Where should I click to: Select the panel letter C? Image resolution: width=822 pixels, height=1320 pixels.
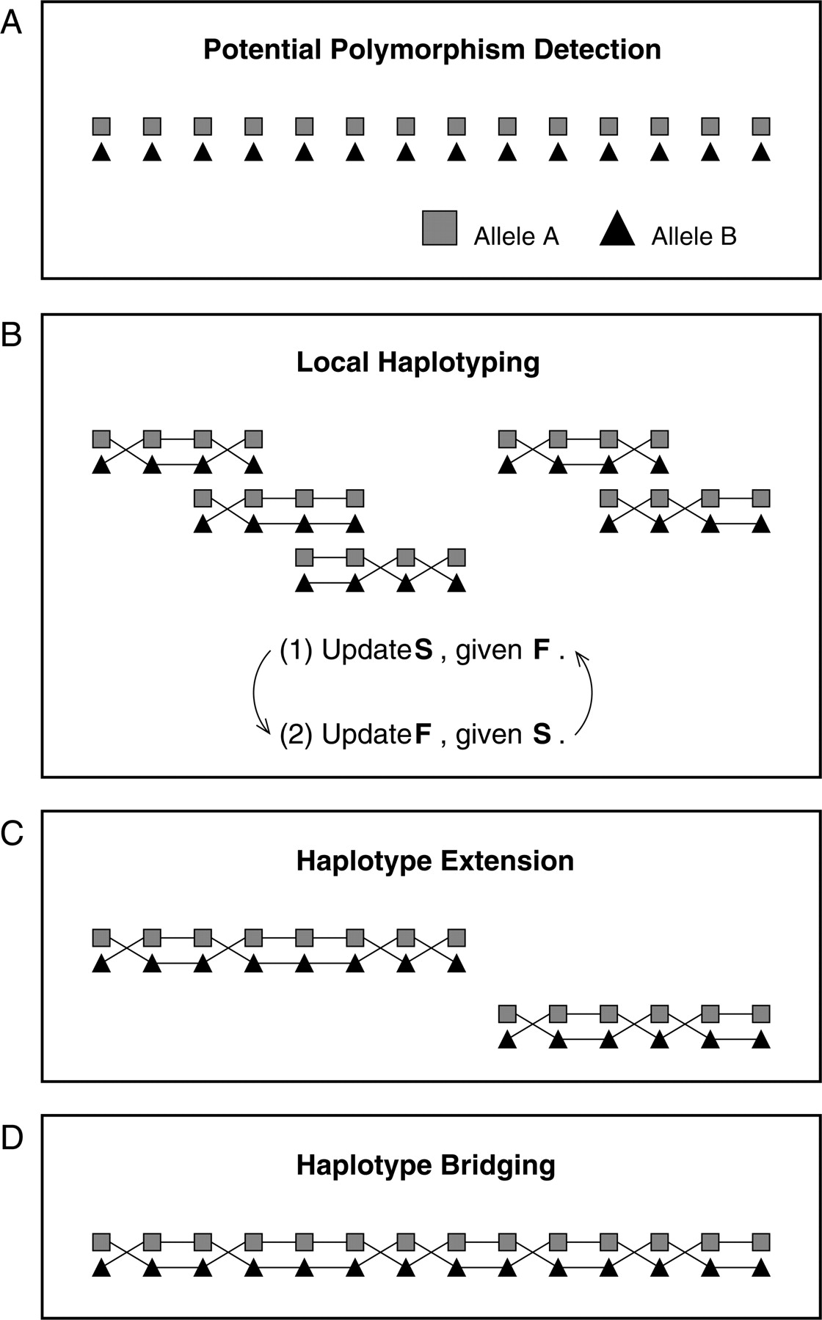[x=12, y=833]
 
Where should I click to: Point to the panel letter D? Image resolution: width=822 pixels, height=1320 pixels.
[x=12, y=1137]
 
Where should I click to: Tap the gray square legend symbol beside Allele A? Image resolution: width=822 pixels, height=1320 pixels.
[x=440, y=227]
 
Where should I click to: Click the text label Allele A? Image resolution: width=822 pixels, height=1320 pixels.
[x=517, y=236]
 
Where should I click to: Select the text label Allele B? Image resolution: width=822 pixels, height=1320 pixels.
[x=694, y=236]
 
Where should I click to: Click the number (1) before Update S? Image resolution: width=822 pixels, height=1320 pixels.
[x=298, y=650]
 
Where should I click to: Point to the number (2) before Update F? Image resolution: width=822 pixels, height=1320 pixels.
[x=298, y=734]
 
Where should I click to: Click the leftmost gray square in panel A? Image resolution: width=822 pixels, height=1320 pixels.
[x=101, y=126]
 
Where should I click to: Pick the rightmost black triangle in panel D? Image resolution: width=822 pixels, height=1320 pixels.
[x=761, y=1267]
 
